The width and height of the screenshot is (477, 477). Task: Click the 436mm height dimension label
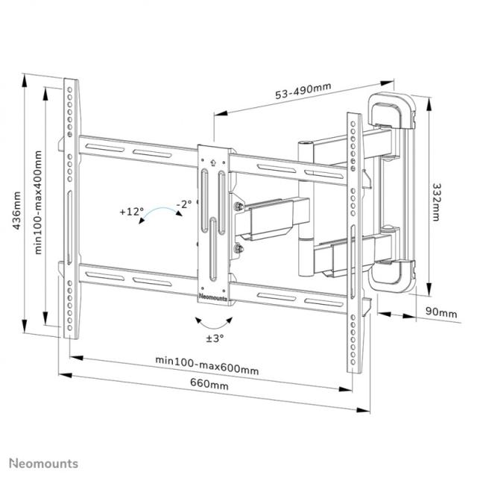point(16,212)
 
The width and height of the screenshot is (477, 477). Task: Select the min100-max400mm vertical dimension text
point(38,201)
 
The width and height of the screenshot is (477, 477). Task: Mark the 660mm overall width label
point(209,385)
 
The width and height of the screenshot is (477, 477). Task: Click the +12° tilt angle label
point(130,212)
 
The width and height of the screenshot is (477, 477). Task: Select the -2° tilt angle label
point(184,203)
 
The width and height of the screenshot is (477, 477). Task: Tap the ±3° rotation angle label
point(215,338)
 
